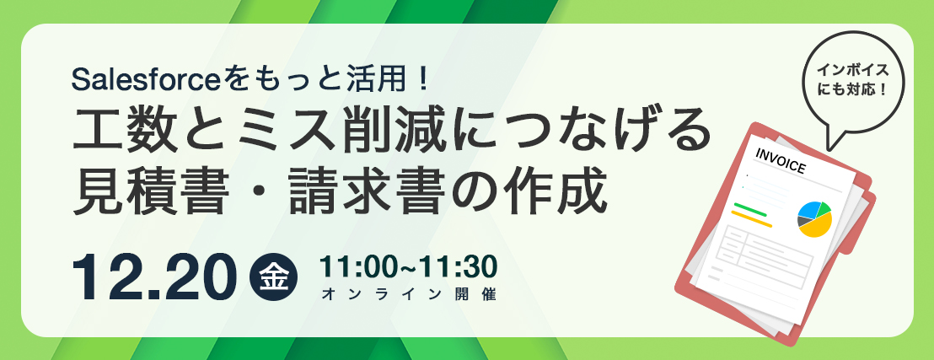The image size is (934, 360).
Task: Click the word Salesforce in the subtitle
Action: coord(146,80)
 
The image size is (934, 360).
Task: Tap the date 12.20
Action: coord(151,277)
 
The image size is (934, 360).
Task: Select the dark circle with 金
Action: coord(274,277)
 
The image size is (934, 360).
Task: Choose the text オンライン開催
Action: coord(408,294)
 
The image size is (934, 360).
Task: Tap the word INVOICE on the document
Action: coord(780,161)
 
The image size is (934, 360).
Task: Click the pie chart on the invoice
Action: coord(814,218)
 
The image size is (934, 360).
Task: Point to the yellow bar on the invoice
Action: coord(751,218)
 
